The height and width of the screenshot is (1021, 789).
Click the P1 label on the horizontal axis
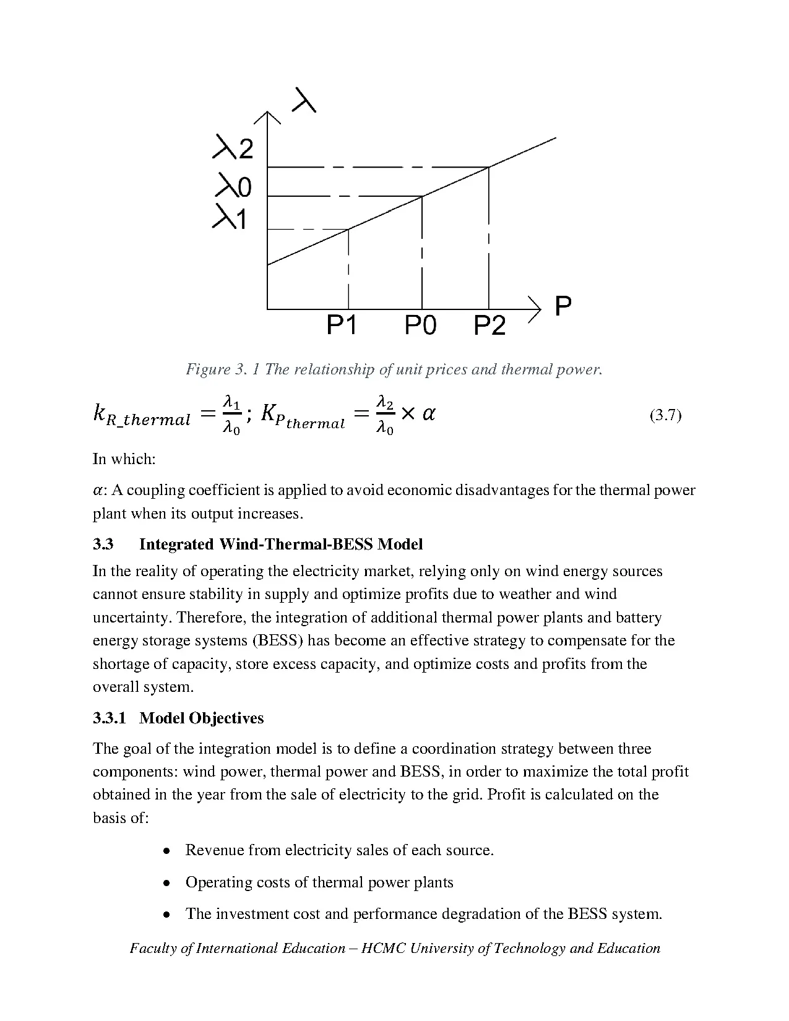(x=342, y=324)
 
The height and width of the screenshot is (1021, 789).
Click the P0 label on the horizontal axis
(x=420, y=324)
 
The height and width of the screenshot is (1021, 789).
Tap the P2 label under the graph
(x=489, y=325)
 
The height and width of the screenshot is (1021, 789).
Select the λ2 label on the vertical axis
(x=233, y=149)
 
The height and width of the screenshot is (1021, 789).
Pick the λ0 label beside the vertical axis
(x=233, y=185)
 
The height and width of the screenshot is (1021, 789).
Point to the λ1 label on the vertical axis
(x=230, y=218)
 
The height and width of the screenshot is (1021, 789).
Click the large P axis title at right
(x=563, y=306)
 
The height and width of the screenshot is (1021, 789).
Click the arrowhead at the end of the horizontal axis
(x=536, y=308)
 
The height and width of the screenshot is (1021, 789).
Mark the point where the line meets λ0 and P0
(x=422, y=196)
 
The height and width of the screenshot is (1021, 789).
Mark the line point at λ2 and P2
(x=489, y=167)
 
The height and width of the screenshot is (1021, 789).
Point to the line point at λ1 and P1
(x=348, y=230)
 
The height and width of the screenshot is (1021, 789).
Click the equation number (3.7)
(x=665, y=415)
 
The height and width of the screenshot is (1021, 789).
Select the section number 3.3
(x=103, y=545)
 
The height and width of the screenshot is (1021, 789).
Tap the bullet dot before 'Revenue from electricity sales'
(x=166, y=851)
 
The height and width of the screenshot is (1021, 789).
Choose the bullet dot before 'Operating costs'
(x=166, y=883)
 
